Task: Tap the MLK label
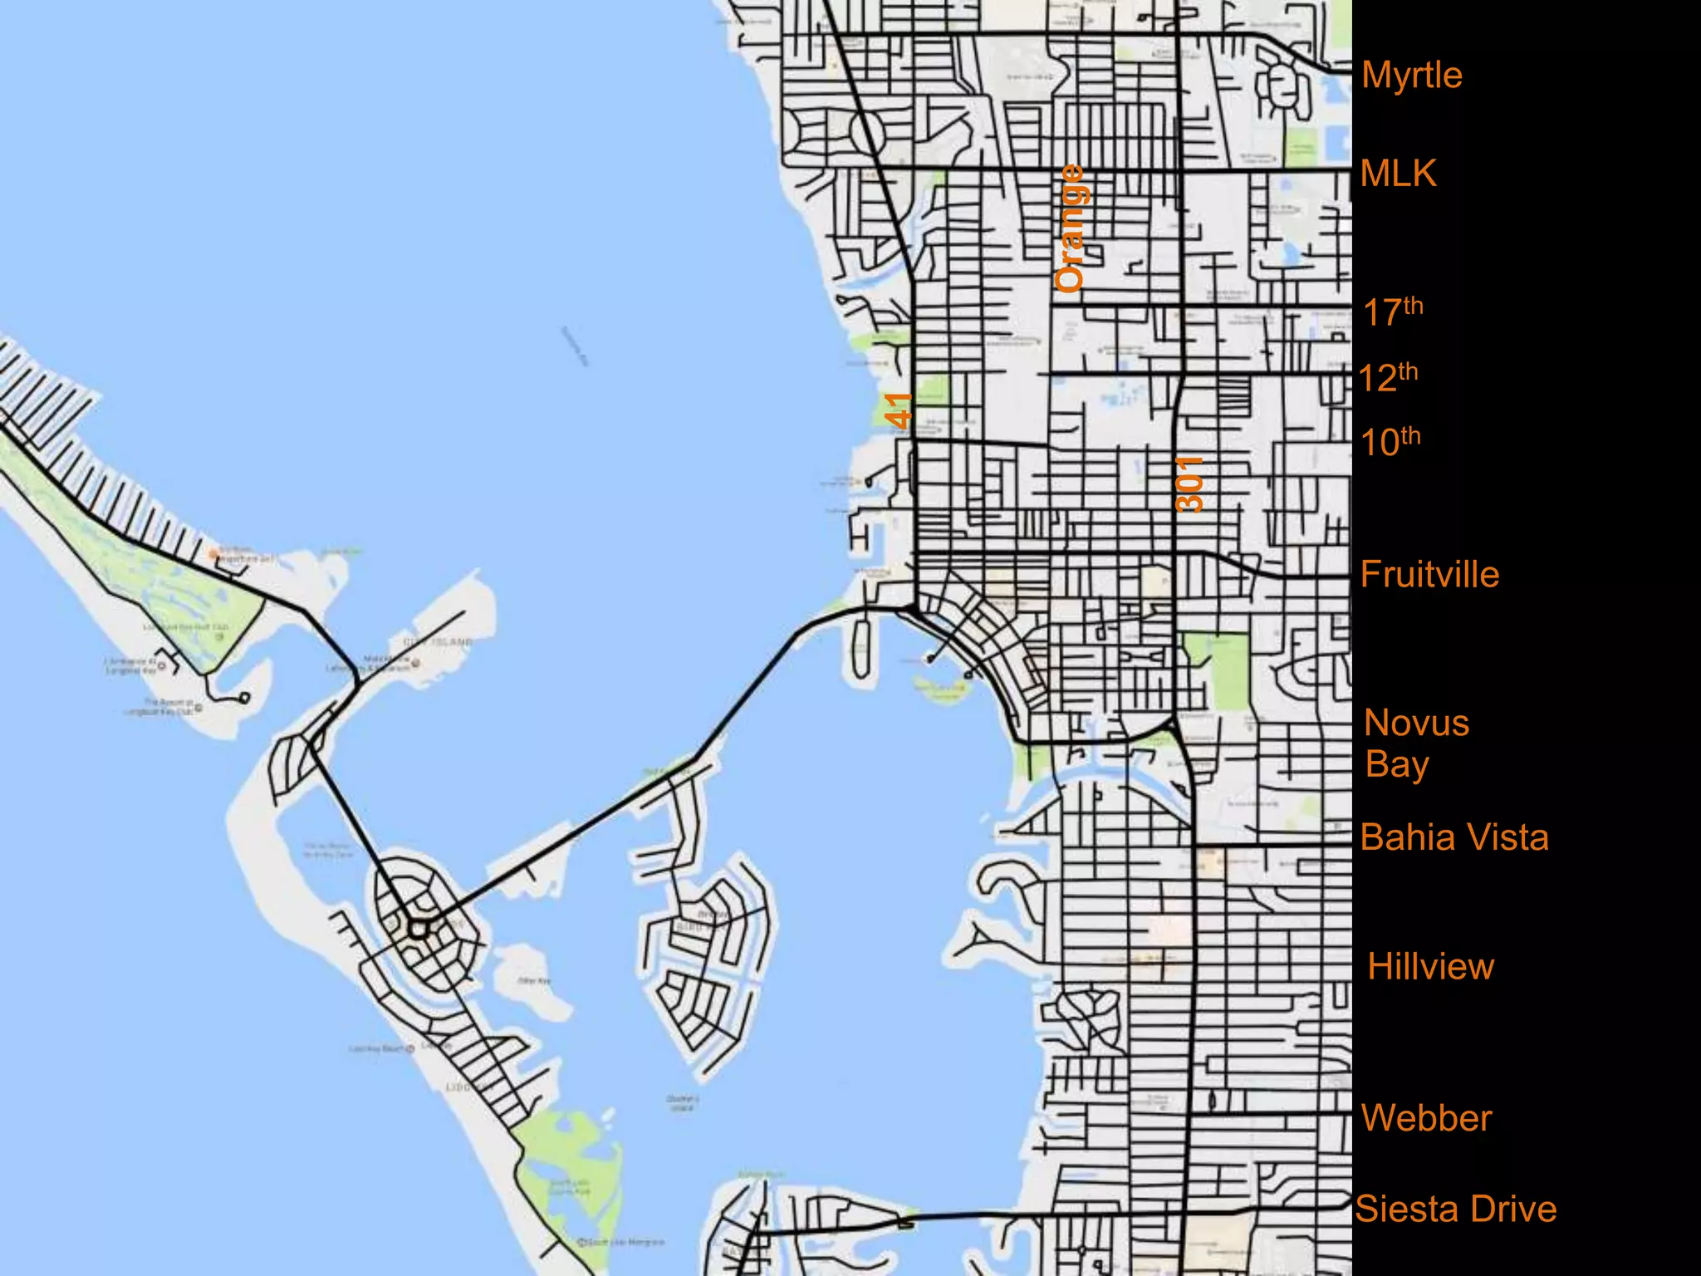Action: (1399, 174)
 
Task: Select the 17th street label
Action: (1393, 312)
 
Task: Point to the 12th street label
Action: (1389, 377)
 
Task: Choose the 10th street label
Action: (1390, 441)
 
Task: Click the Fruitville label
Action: (1429, 575)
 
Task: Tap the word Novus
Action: (1417, 724)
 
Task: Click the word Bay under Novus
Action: (1397, 765)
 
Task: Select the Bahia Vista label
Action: (1454, 837)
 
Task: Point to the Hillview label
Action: (1431, 967)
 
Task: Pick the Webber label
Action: (1427, 1118)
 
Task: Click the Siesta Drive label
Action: (1456, 1210)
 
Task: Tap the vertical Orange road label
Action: (1070, 228)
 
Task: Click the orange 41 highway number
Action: (899, 410)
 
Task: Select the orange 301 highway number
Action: (1189, 483)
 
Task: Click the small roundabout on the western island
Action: (418, 927)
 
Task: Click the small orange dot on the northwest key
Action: (213, 553)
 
